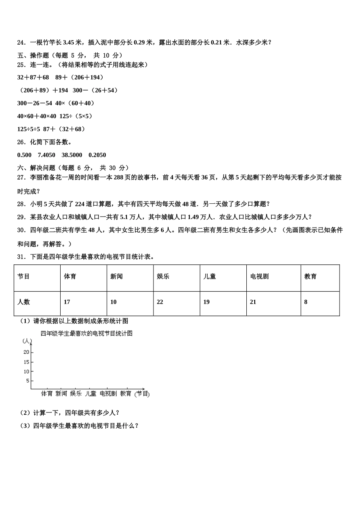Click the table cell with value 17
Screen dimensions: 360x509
point(67,302)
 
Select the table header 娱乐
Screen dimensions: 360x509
point(163,276)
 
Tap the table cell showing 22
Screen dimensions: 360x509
point(160,302)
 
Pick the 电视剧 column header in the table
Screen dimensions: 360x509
point(259,276)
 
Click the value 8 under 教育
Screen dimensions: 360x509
point(306,302)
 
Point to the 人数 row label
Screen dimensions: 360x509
point(23,302)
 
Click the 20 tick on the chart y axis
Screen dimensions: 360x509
point(26,352)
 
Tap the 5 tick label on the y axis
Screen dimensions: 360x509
point(28,381)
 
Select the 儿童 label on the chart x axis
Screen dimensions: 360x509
point(91,394)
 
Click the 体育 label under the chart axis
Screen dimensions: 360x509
point(47,394)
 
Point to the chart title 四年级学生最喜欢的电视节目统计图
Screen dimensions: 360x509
point(86,334)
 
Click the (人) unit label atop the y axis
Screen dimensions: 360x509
point(27,341)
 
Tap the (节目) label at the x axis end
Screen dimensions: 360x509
point(142,394)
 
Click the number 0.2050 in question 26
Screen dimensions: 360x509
point(97,155)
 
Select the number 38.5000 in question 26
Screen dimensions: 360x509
point(72,155)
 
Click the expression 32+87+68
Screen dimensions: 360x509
point(33,77)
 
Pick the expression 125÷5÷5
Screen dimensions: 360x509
point(29,129)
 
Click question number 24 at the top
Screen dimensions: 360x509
point(21,42)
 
